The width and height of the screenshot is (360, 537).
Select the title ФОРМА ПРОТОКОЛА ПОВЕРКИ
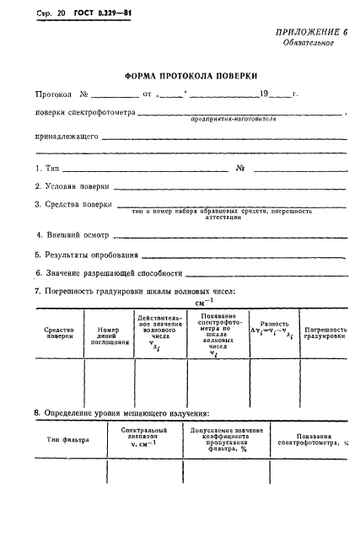pos(180,75)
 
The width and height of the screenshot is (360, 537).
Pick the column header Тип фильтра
pos(59,441)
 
